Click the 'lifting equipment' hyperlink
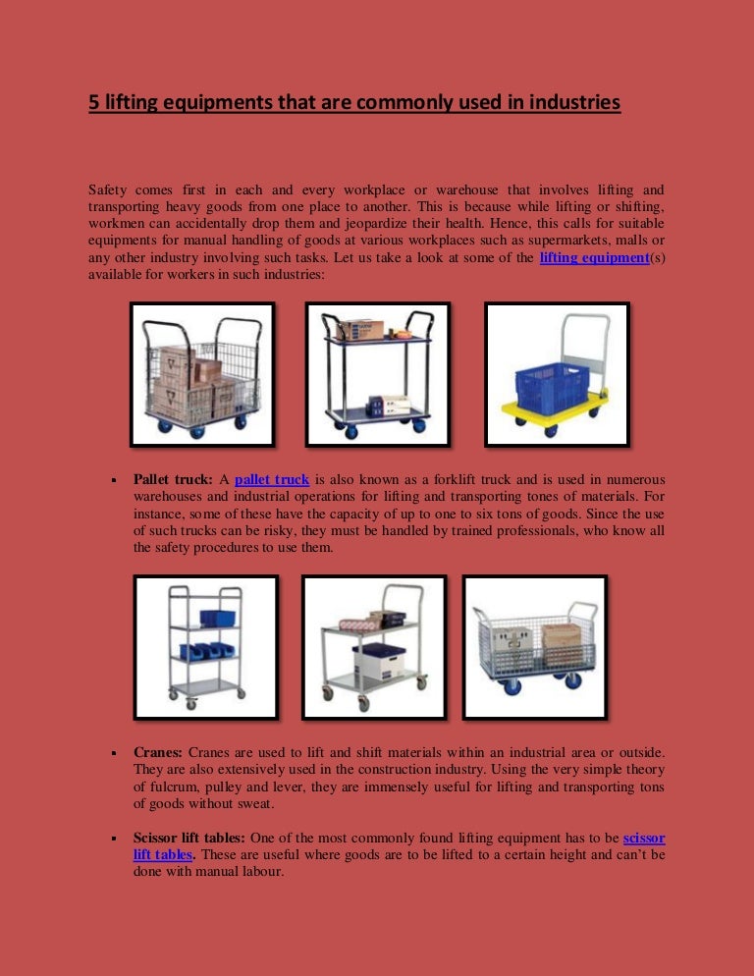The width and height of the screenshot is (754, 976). click(595, 258)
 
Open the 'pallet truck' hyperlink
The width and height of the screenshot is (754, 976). click(272, 480)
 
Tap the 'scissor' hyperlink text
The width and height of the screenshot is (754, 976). click(644, 839)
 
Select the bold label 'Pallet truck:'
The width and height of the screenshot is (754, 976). click(173, 480)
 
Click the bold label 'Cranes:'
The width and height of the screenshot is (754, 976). click(158, 751)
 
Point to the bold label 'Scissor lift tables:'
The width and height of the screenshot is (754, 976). click(190, 839)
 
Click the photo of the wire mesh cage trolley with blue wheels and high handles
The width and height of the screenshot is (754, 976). click(202, 374)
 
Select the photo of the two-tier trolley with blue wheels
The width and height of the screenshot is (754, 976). click(378, 374)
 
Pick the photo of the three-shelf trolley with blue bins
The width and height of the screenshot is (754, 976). click(205, 647)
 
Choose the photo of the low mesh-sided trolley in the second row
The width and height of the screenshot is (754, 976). click(534, 647)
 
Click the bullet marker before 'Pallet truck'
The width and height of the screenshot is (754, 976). click(115, 481)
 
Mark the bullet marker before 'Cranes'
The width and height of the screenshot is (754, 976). click(115, 752)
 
